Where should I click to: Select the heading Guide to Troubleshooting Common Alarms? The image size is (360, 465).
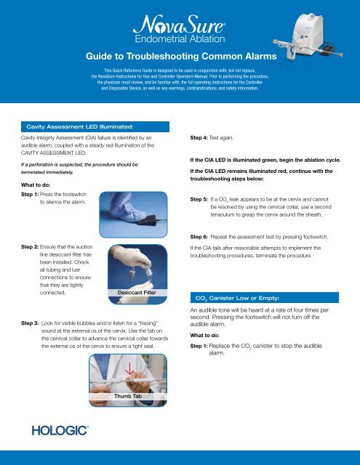pyautogui.click(x=179, y=57)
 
